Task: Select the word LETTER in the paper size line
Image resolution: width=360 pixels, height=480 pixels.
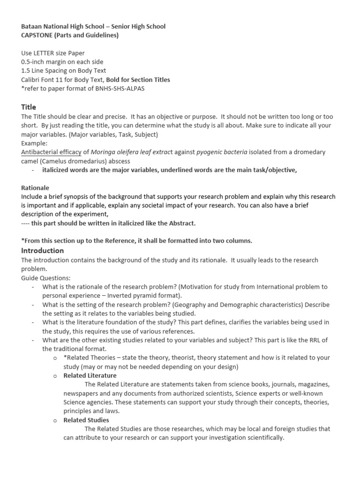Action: tap(45, 53)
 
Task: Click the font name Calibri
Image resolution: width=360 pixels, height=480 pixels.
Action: tap(31, 80)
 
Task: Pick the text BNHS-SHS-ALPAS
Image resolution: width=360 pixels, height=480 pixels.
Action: tap(121, 89)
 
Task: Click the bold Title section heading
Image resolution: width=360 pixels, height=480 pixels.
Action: tap(29, 107)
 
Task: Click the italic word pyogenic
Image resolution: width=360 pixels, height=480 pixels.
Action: tap(209, 152)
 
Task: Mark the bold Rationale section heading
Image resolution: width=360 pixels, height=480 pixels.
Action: tap(36, 187)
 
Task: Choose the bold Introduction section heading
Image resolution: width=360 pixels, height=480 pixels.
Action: tap(42, 251)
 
